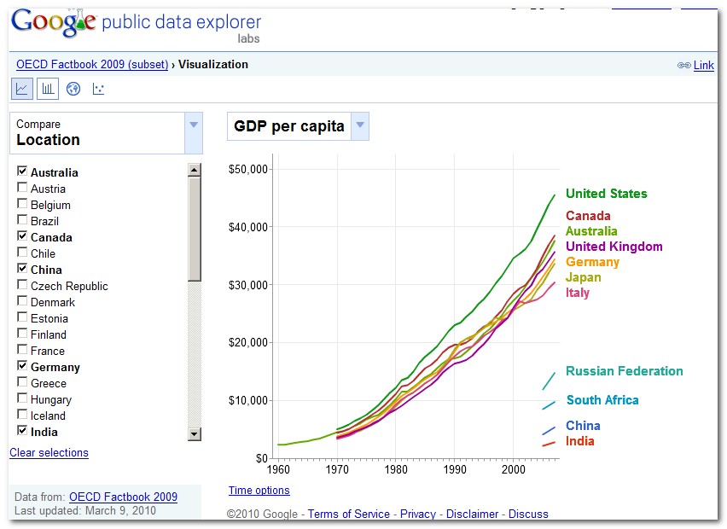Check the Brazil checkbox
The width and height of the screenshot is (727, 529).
(x=22, y=221)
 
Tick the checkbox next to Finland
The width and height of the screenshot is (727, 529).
(x=22, y=334)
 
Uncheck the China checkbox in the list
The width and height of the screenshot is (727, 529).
(x=22, y=270)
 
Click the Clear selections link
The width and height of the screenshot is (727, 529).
(x=49, y=452)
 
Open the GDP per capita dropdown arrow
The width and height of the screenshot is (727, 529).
(x=360, y=126)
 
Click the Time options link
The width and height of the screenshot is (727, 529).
(x=259, y=490)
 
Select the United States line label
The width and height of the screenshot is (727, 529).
(x=606, y=194)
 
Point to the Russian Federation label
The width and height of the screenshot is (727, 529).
(x=624, y=371)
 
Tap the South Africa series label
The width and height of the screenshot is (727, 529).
(x=602, y=400)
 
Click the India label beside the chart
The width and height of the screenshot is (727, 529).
(x=579, y=441)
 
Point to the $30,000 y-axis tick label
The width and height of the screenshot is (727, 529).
(x=249, y=285)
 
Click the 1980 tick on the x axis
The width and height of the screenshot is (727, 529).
(x=395, y=469)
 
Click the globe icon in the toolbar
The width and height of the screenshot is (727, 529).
(x=73, y=89)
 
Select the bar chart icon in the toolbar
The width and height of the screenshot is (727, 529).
(x=48, y=89)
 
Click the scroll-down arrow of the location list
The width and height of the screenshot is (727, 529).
(x=194, y=434)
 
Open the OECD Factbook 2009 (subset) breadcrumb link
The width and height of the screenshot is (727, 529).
(x=92, y=64)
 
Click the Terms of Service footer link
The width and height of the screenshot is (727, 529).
(x=348, y=514)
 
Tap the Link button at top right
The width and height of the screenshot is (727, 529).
(x=703, y=66)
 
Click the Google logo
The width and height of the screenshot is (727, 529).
(x=53, y=23)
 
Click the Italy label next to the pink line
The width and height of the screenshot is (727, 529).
(x=578, y=293)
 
